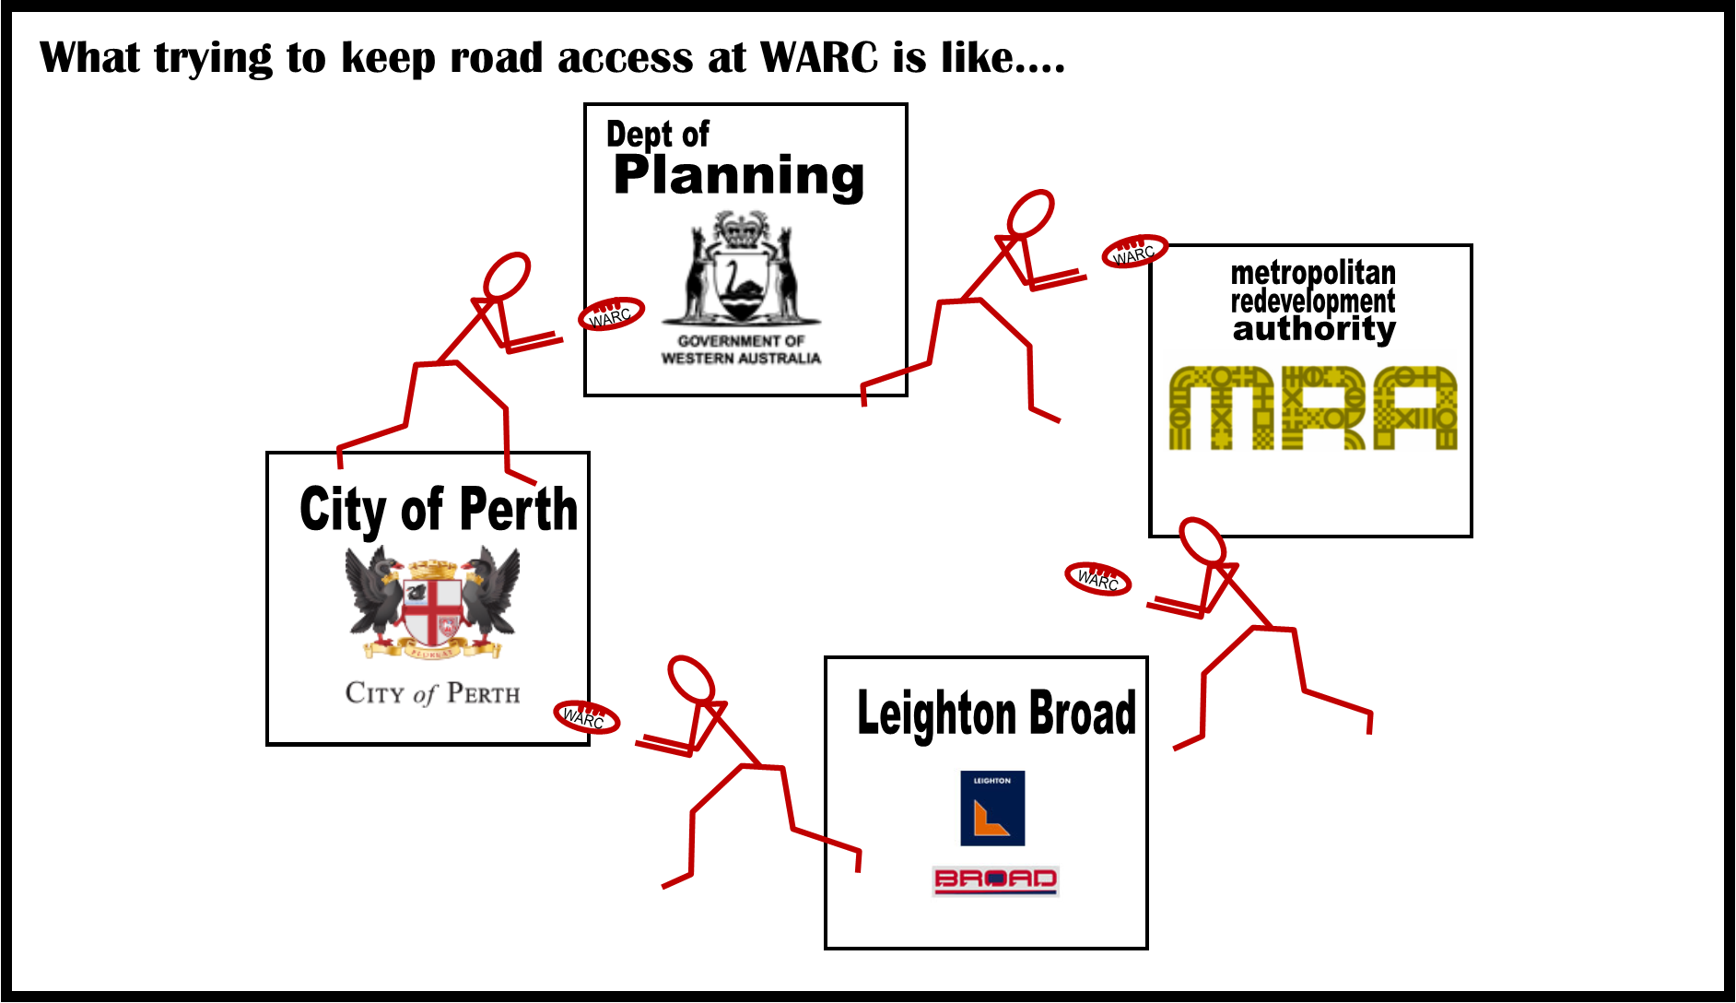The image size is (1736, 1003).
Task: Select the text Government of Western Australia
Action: pyautogui.click(x=741, y=349)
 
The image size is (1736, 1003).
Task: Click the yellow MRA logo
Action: pyautogui.click(x=1313, y=407)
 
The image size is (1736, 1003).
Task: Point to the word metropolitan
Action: pyautogui.click(x=1313, y=273)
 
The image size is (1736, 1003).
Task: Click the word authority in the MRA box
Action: pyautogui.click(x=1314, y=329)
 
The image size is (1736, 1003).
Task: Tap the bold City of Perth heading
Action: pyautogui.click(x=439, y=509)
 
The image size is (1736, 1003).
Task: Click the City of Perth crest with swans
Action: pyautogui.click(x=432, y=603)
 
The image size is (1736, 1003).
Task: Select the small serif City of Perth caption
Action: pyautogui.click(x=432, y=693)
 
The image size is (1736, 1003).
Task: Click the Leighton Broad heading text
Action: pyautogui.click(x=997, y=714)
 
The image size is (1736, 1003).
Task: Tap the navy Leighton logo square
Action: pyautogui.click(x=992, y=808)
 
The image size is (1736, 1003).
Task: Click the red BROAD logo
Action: pyautogui.click(x=995, y=880)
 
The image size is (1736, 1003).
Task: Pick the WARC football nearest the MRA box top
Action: pyautogui.click(x=1134, y=252)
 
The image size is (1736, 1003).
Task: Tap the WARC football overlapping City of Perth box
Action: pyautogui.click(x=586, y=716)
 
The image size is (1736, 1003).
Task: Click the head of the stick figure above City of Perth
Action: pyautogui.click(x=507, y=276)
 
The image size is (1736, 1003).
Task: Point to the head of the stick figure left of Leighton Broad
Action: pyautogui.click(x=691, y=680)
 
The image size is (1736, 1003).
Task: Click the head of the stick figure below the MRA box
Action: pyautogui.click(x=1202, y=541)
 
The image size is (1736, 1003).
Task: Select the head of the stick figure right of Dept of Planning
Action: pyautogui.click(x=1030, y=214)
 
